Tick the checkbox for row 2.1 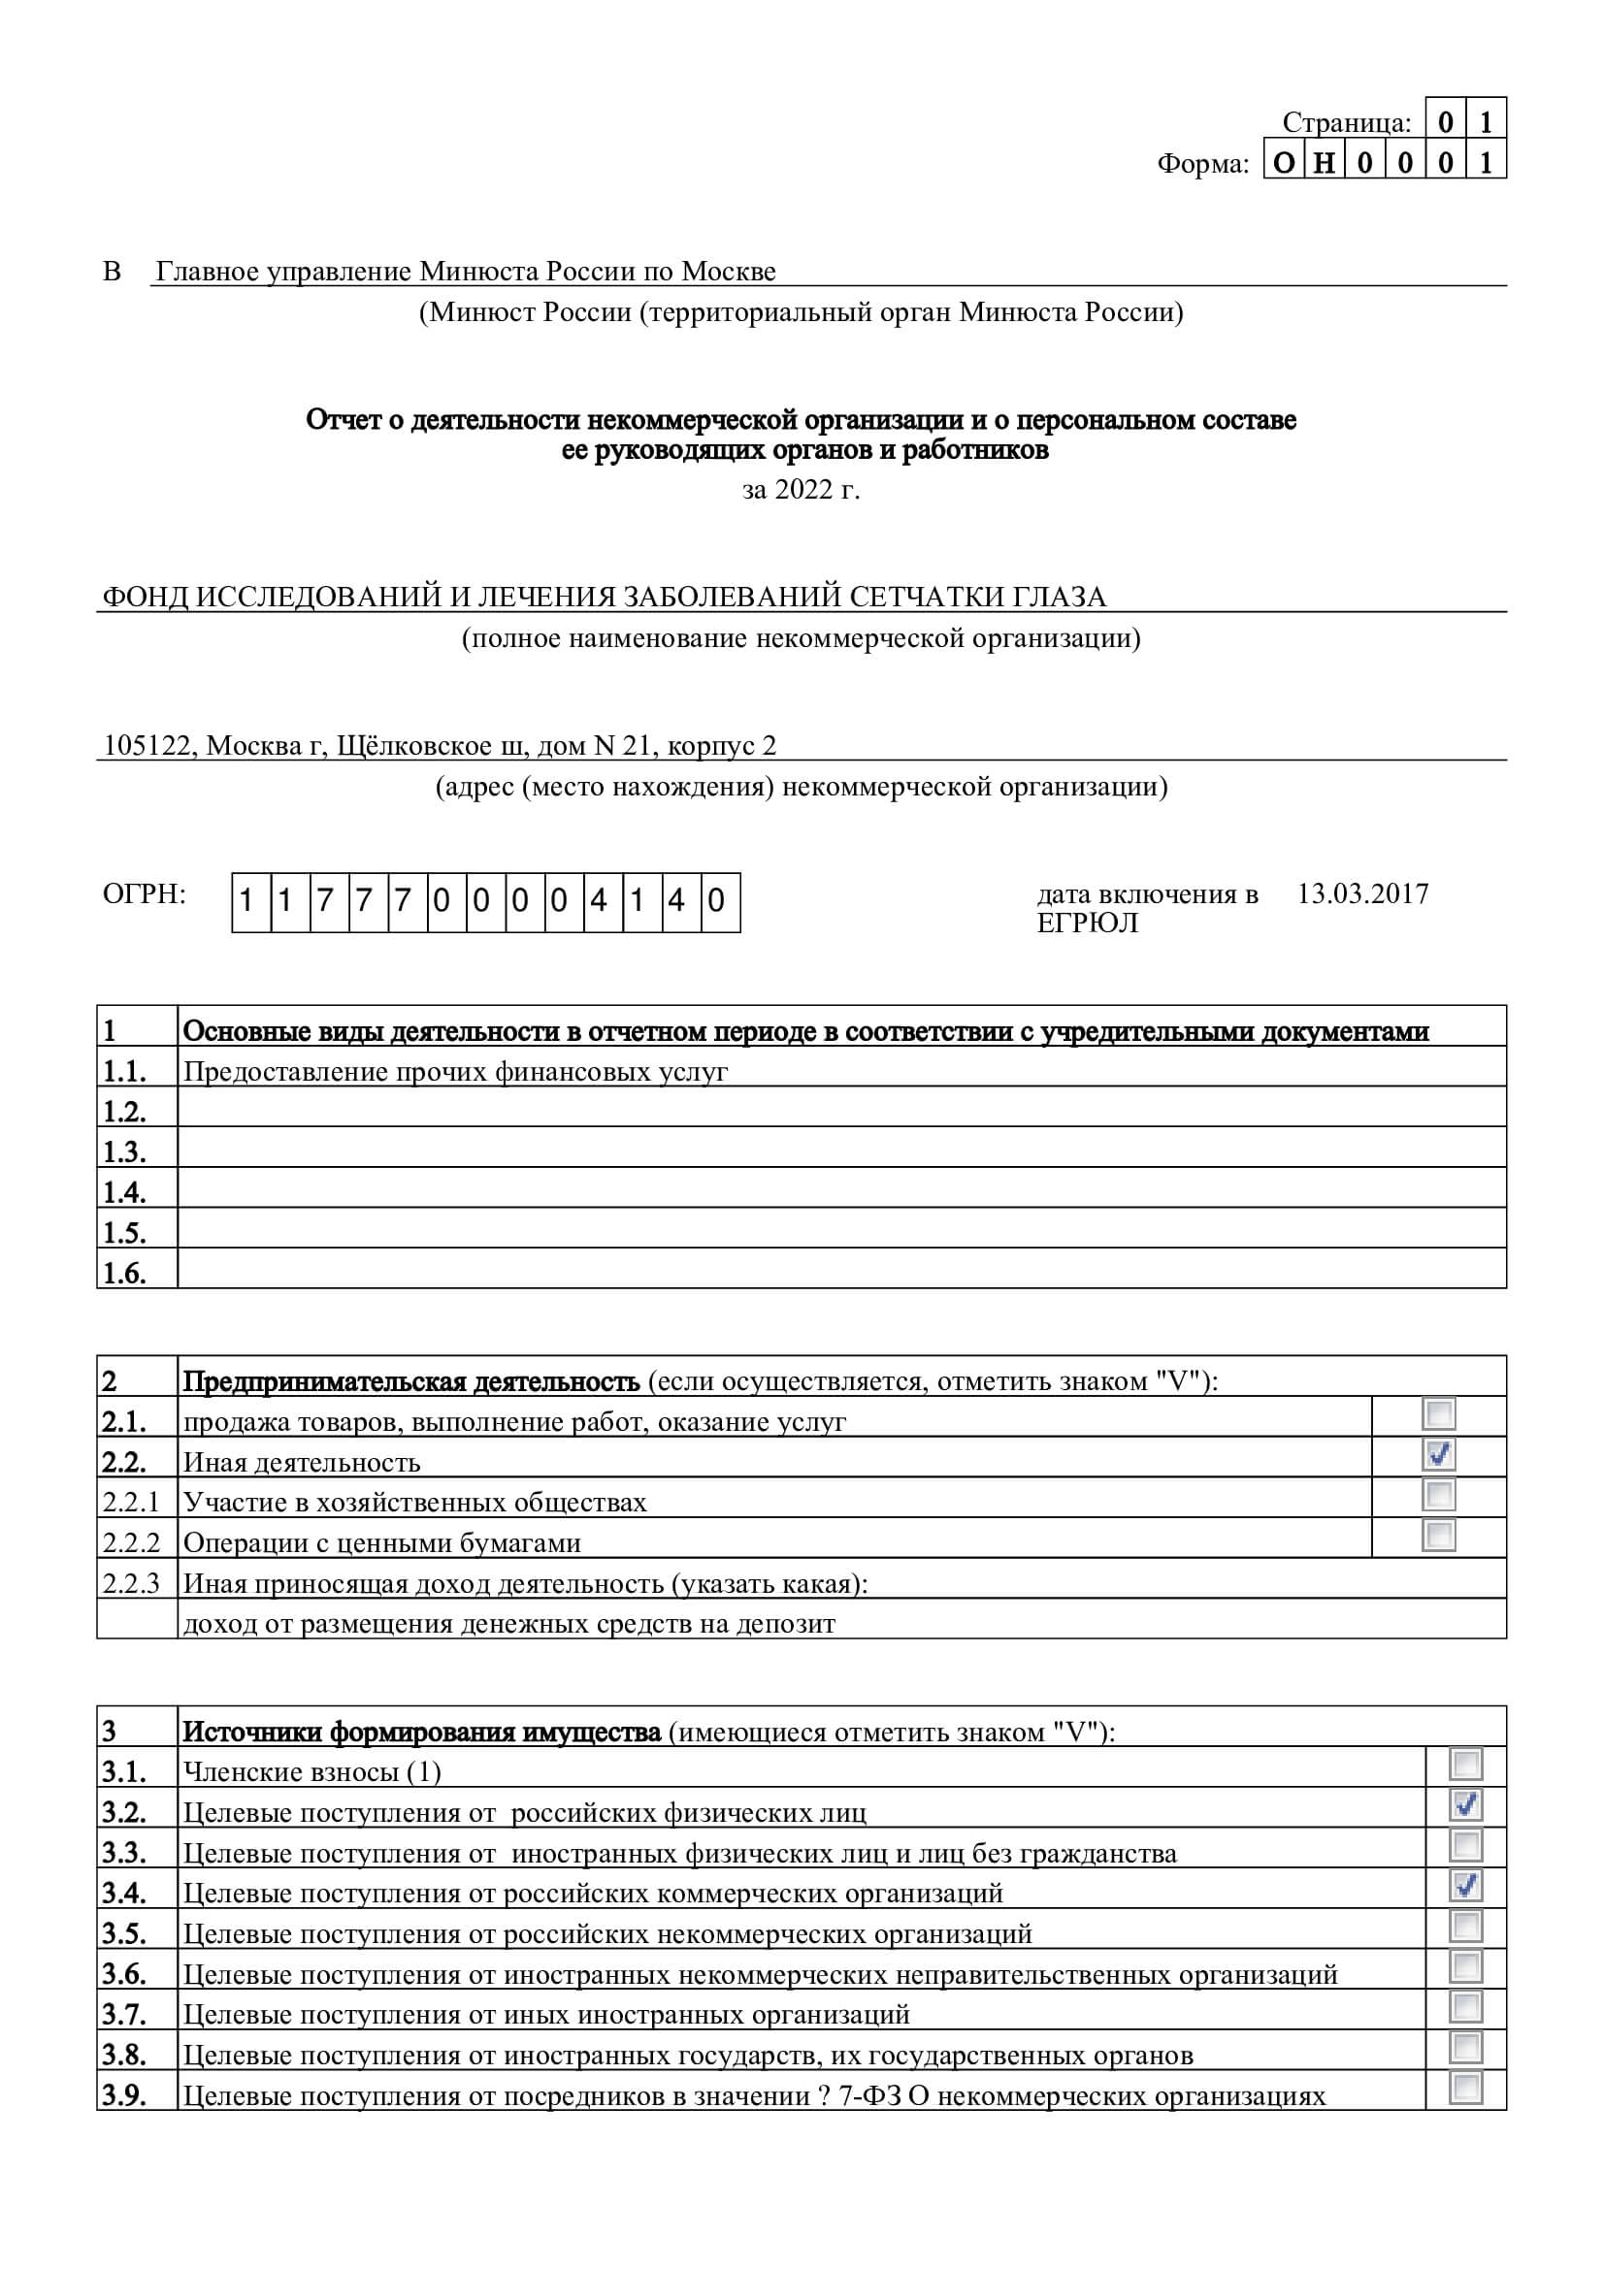tap(1438, 1414)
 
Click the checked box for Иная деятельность tap(1438, 1455)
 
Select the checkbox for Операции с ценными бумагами tap(1438, 1535)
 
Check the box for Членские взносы tap(1465, 1764)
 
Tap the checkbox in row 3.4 tap(1465, 1886)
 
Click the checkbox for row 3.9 tap(1465, 2089)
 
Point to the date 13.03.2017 tap(1361, 894)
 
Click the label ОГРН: tap(145, 894)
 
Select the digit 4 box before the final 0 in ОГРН tap(677, 901)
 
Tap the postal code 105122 tap(147, 746)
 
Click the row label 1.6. tap(124, 1273)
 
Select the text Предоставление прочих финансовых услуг tap(456, 1072)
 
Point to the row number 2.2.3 tap(130, 1584)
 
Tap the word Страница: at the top tap(1346, 122)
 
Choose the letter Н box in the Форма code tap(1324, 163)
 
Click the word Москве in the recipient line tap(730, 272)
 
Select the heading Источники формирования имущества tap(422, 1733)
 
